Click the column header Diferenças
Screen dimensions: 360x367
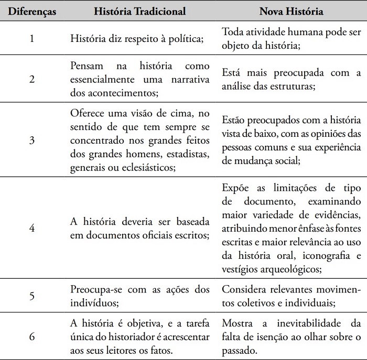tap(32, 10)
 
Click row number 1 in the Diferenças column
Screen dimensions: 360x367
tap(32, 38)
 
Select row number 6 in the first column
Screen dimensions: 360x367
tap(32, 336)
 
